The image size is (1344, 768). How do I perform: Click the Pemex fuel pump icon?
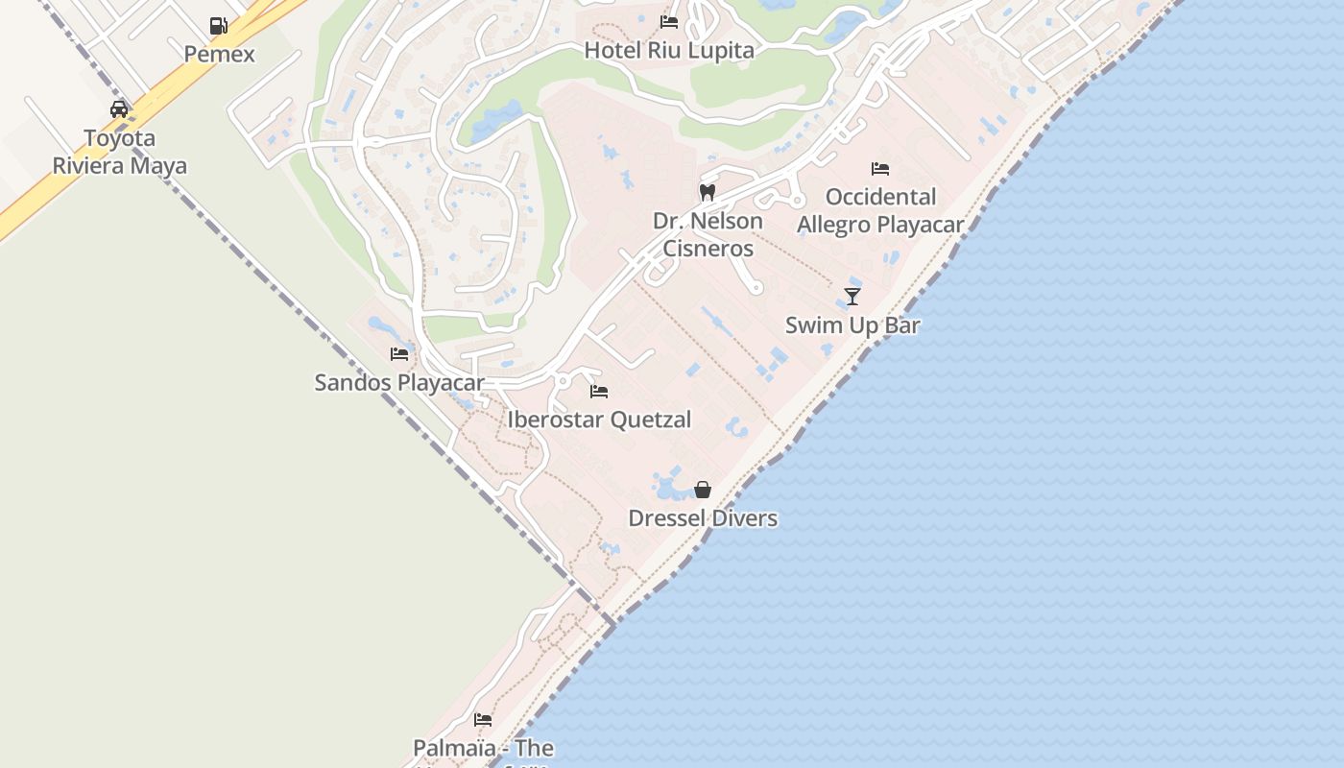(x=219, y=26)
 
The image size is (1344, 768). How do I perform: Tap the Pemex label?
(x=220, y=54)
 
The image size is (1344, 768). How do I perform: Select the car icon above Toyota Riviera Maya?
(x=119, y=109)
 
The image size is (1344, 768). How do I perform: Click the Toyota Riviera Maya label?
(x=120, y=152)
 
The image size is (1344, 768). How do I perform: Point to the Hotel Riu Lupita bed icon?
(x=669, y=22)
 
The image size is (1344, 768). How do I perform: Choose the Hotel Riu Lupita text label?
(x=669, y=50)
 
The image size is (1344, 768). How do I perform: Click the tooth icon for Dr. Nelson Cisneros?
(x=708, y=192)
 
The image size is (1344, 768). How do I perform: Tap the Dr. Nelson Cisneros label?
(x=708, y=234)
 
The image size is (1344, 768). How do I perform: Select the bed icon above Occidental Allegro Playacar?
(x=880, y=169)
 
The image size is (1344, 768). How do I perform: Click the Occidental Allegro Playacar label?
(x=880, y=210)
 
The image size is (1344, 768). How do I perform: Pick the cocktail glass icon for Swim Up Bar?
(x=852, y=297)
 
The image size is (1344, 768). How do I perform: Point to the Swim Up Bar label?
(x=852, y=324)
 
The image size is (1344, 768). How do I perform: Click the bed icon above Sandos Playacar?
(x=399, y=354)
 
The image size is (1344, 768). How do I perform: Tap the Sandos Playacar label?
(x=399, y=382)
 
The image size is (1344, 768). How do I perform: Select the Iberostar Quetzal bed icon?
(x=599, y=392)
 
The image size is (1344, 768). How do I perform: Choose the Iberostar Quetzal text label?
(x=599, y=420)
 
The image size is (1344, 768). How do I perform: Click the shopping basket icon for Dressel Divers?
(x=703, y=490)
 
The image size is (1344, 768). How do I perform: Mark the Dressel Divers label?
(x=703, y=518)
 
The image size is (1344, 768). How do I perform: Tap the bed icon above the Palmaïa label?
(x=483, y=719)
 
